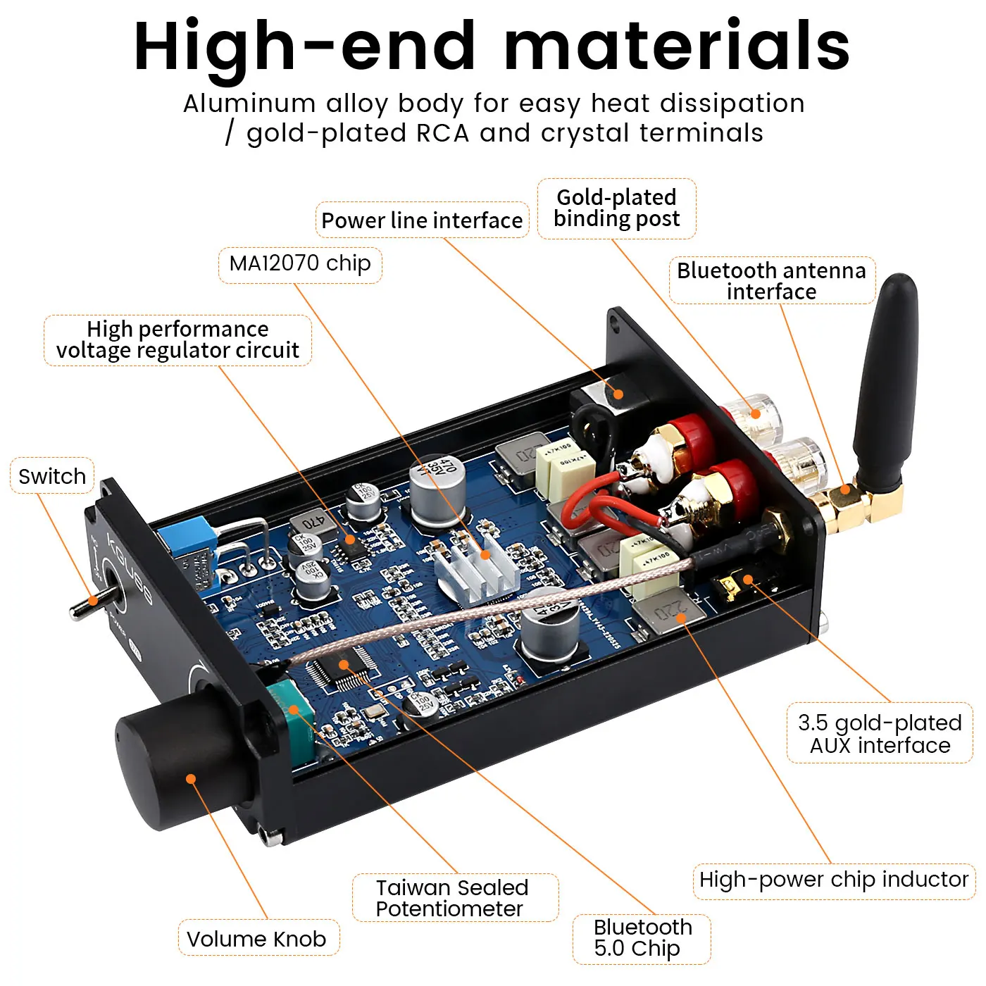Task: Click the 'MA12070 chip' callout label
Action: [x=300, y=264]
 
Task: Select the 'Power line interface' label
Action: [x=422, y=220]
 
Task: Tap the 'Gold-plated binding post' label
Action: [x=617, y=208]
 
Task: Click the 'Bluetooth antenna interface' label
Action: [x=772, y=281]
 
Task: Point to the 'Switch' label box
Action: [x=52, y=476]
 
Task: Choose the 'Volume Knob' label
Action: [x=257, y=939]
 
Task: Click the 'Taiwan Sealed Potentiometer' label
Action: [x=452, y=898]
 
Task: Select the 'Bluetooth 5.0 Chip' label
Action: [x=642, y=938]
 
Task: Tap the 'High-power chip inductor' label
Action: [x=834, y=880]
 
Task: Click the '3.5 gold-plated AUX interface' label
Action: [x=880, y=734]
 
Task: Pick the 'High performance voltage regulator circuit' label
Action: [x=177, y=340]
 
